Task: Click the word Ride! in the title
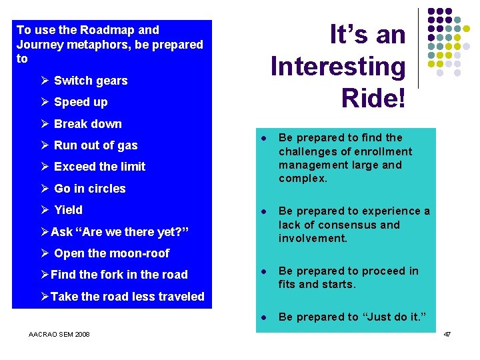click(373, 98)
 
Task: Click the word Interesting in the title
click(337, 66)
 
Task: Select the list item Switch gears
click(90, 81)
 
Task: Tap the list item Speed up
click(80, 102)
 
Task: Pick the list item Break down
click(87, 124)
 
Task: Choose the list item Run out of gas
click(95, 145)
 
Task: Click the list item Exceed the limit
click(99, 167)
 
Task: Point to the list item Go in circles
click(89, 189)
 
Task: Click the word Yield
click(68, 210)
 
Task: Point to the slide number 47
click(447, 333)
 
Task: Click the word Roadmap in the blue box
click(107, 30)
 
